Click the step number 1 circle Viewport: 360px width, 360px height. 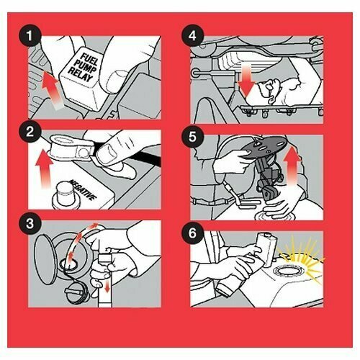(30, 35)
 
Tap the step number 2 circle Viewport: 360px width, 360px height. (30, 132)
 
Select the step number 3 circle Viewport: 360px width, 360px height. (30, 224)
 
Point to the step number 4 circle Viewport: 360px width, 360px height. (192, 35)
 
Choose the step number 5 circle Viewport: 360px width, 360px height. (192, 137)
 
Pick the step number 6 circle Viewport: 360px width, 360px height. (192, 233)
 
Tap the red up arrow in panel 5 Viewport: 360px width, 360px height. (292, 167)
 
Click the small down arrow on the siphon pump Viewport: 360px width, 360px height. (107, 286)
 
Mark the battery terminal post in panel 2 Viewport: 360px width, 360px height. (66, 194)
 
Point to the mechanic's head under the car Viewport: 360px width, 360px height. (271, 90)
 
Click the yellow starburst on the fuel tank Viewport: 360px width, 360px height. (301, 261)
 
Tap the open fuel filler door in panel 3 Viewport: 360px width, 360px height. (46, 259)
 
